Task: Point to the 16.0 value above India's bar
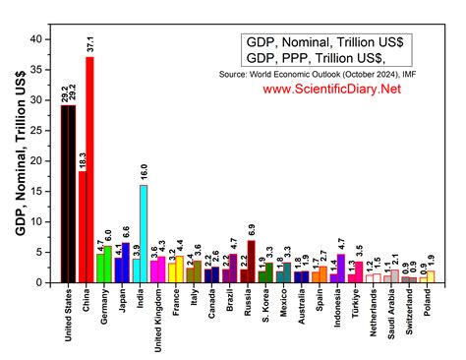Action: [144, 172]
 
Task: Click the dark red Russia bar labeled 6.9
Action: [251, 261]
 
